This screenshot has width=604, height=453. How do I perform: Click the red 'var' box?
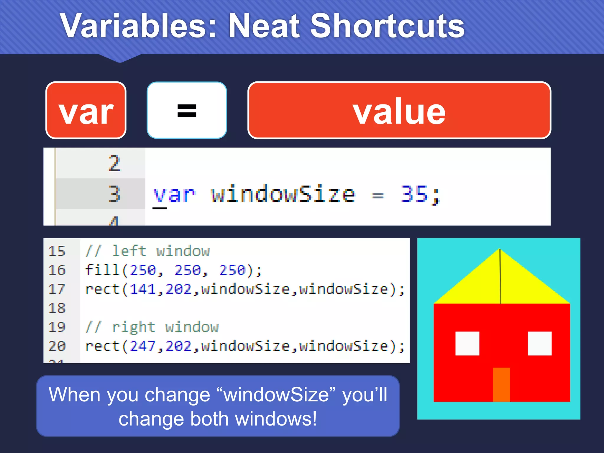(86, 110)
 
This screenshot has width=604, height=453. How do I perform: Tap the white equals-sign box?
(187, 110)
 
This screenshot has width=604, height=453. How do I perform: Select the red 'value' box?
(399, 110)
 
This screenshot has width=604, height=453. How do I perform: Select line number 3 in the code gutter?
(114, 194)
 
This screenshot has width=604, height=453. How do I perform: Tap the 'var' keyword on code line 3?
(174, 195)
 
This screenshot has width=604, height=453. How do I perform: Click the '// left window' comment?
(147, 251)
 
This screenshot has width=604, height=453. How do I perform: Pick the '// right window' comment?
(152, 327)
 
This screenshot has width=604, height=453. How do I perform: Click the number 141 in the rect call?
(143, 289)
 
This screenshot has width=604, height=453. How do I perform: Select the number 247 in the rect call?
(143, 346)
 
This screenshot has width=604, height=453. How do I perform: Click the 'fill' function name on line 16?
(102, 270)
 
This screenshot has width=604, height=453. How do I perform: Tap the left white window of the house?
(467, 344)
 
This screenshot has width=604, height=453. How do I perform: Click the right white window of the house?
(539, 344)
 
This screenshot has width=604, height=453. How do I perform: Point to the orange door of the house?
(501, 384)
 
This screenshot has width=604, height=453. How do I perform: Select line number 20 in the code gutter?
(57, 346)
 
